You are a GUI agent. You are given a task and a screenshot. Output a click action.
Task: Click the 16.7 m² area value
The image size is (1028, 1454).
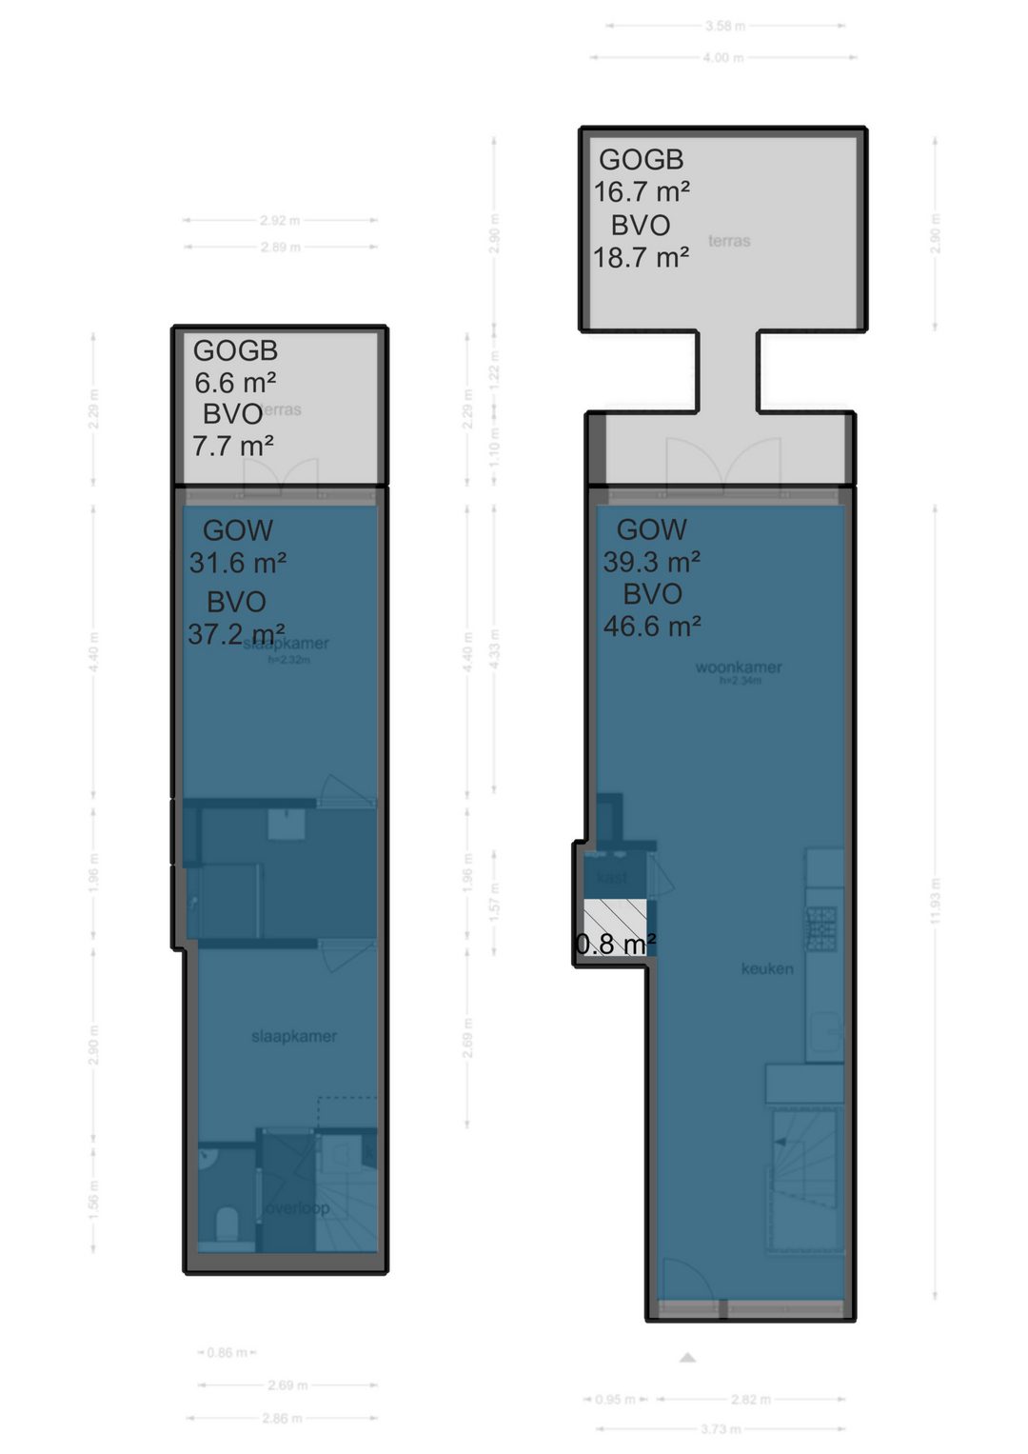[642, 192]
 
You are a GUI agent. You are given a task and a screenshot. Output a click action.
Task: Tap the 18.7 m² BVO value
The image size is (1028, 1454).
[642, 258]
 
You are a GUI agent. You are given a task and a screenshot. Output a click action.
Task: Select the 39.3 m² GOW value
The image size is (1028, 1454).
[652, 562]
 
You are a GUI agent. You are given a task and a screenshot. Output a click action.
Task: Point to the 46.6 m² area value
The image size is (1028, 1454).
[652, 627]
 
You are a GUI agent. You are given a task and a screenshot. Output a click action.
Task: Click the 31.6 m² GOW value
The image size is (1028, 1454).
[238, 564]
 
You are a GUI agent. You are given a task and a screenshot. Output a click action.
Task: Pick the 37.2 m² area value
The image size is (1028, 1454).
[236, 634]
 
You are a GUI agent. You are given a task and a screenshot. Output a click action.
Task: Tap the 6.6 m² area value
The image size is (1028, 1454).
[235, 383]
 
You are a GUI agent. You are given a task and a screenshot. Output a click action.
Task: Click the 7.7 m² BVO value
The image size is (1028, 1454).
[233, 446]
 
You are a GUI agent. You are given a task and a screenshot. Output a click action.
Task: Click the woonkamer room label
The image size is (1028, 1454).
[739, 667]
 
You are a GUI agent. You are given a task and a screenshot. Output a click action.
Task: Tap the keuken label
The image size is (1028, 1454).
[767, 969]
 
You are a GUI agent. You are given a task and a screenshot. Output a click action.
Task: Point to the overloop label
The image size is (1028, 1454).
[298, 1208]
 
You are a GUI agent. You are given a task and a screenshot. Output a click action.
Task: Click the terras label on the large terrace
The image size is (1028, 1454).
[729, 241]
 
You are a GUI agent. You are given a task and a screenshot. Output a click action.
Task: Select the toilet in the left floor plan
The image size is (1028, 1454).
[227, 1223]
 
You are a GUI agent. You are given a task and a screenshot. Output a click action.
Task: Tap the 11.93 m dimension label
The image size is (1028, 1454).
[936, 901]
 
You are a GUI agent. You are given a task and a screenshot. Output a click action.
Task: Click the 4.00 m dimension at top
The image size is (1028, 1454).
[723, 58]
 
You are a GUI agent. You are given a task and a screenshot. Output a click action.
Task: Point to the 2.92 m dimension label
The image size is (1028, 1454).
[280, 221]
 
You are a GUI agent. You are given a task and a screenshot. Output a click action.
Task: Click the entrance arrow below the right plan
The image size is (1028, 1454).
[687, 1358]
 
